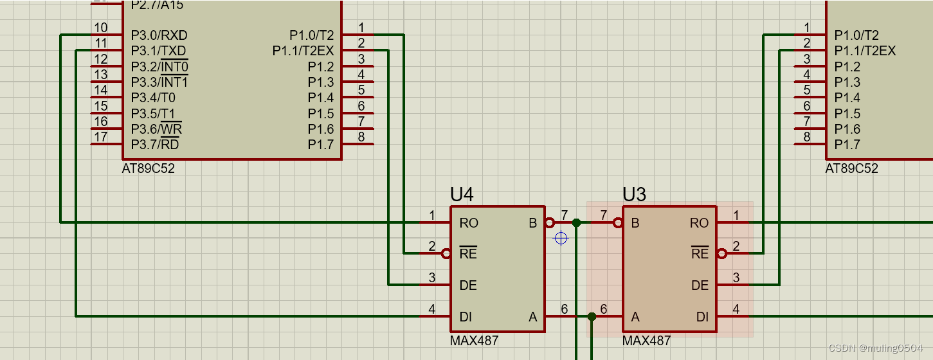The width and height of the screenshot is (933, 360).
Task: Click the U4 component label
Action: point(462,194)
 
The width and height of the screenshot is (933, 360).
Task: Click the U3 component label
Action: point(634,194)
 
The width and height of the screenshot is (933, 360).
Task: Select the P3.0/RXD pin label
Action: point(159,35)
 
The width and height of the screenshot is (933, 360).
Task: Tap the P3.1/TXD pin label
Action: point(159,51)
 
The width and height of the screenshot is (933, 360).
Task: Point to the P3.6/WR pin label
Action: point(156,129)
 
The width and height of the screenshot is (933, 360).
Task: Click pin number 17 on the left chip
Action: point(101,137)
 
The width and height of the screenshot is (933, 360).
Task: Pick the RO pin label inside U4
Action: point(469,223)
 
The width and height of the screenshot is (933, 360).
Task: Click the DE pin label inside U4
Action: point(468,285)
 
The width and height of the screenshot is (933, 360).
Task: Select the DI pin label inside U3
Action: point(702,316)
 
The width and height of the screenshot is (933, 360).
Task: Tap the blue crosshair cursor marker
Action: point(561,239)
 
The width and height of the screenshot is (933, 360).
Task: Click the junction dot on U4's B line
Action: point(577,223)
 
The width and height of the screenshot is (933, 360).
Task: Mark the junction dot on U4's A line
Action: point(592,316)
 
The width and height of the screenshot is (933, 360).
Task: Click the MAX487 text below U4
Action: point(474,341)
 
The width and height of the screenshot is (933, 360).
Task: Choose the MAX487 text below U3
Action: point(646,341)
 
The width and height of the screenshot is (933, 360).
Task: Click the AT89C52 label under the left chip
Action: point(148,169)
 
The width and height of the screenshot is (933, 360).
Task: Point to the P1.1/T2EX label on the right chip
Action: point(865,51)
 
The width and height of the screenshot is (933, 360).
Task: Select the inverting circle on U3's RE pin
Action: point(721,254)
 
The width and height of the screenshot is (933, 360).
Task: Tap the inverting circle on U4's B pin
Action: point(549,223)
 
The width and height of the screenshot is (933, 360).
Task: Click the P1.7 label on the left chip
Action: point(320,145)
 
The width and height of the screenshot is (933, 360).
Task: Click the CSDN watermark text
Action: point(876,348)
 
